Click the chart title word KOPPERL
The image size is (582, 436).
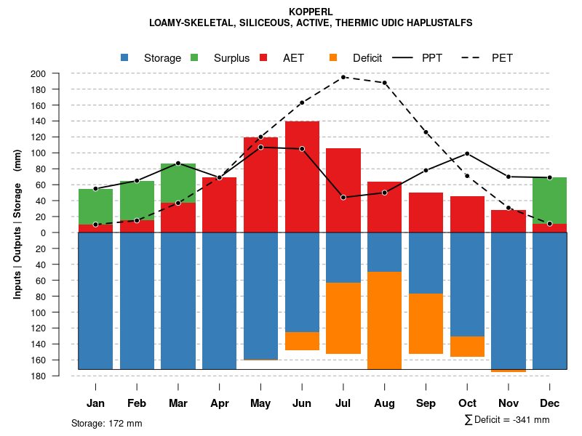[x=311, y=12]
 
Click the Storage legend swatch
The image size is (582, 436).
[x=125, y=57]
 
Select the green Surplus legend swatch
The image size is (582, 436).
[x=195, y=57]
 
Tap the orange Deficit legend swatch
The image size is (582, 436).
[x=334, y=57]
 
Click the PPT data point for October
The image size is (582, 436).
[x=467, y=153]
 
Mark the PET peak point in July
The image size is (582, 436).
[x=343, y=77]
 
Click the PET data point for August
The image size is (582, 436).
[x=385, y=83]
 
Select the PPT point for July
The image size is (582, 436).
[x=343, y=198]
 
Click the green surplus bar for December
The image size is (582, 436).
[x=549, y=201]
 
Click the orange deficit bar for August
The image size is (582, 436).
[x=385, y=320]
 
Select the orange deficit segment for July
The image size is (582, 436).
[x=343, y=318]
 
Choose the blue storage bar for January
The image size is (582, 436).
[x=95, y=300]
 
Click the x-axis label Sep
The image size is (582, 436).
[x=426, y=403]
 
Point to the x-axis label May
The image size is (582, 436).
[x=260, y=403]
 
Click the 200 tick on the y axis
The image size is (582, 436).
[x=58, y=73]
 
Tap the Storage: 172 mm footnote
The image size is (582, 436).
[x=106, y=423]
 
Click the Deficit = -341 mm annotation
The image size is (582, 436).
[x=507, y=420]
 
